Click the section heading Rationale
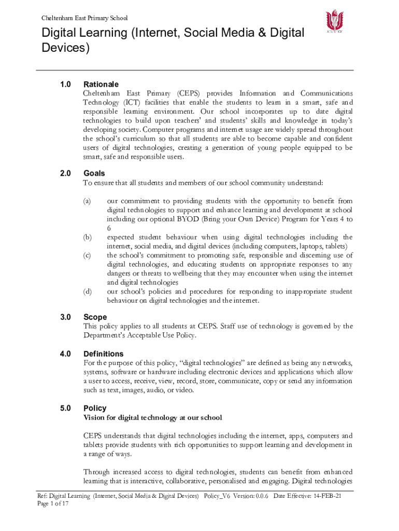click(x=101, y=84)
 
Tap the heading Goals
click(x=94, y=174)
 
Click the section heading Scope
click(x=95, y=317)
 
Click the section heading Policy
click(x=94, y=408)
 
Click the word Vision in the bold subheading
click(x=94, y=417)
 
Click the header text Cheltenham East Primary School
click(x=84, y=18)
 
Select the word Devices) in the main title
click(x=66, y=49)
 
